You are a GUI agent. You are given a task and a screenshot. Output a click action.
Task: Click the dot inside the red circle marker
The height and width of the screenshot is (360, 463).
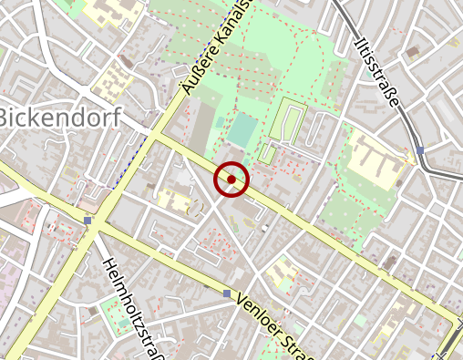(x=231, y=180)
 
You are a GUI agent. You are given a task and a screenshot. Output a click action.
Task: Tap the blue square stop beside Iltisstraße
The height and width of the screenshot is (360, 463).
(x=419, y=150)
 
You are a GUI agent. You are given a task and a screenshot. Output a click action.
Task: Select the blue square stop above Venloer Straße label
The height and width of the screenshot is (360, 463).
(x=227, y=293)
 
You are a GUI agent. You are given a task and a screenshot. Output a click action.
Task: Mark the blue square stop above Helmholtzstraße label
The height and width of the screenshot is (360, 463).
(x=87, y=221)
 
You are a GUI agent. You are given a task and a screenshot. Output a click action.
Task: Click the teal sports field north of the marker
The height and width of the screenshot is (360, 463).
(x=242, y=129)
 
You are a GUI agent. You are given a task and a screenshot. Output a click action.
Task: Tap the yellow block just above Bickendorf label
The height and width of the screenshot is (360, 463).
(x=114, y=82)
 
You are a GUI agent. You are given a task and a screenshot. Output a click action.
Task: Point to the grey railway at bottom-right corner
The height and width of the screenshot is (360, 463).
(x=449, y=345)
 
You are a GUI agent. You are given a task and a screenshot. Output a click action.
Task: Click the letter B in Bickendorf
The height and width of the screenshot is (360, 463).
(x=7, y=118)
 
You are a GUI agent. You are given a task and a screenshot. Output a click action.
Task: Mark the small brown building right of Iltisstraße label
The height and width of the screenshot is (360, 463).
(x=414, y=49)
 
